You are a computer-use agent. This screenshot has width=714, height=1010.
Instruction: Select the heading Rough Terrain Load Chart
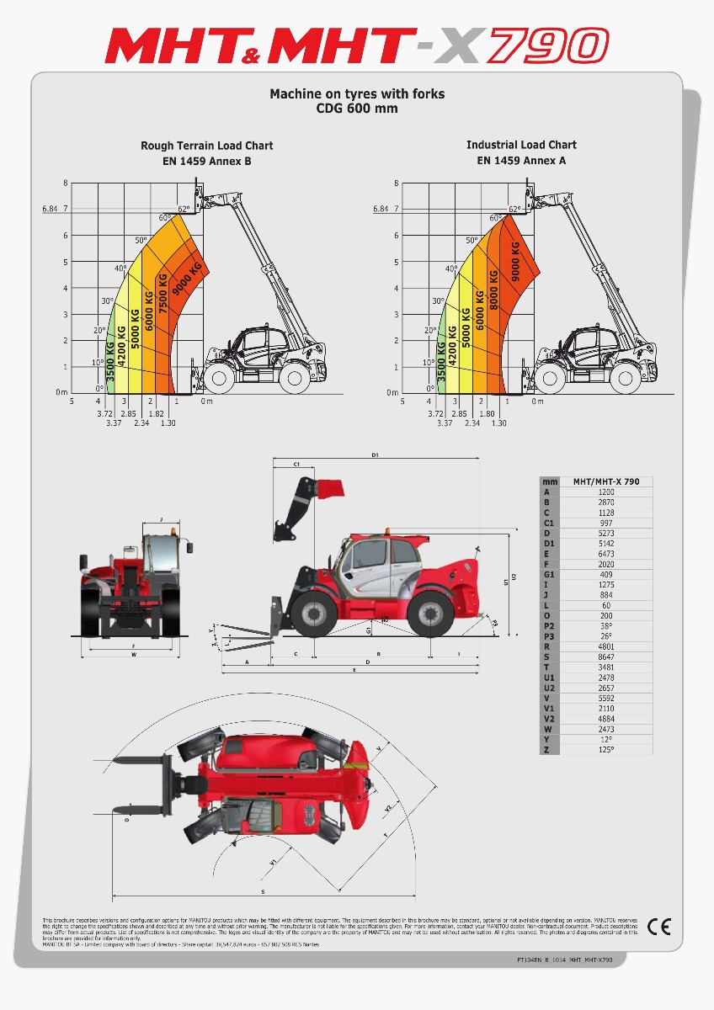[x=206, y=146]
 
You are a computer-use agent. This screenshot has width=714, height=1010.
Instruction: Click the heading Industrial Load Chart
[x=521, y=145]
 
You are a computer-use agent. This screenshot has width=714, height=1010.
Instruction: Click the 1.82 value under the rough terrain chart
[x=156, y=413]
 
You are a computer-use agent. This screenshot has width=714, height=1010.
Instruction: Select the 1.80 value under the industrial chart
[x=486, y=413]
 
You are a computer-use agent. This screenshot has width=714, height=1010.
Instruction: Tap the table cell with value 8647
[x=605, y=656]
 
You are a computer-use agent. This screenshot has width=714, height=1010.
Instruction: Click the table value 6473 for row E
[x=605, y=554]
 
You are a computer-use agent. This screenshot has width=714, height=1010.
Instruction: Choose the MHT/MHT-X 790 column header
[x=605, y=481]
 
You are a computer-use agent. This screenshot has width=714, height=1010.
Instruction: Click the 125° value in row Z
[x=605, y=749]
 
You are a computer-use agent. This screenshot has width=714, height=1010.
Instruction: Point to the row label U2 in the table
[x=548, y=688]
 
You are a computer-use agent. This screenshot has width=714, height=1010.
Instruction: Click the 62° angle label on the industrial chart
[x=514, y=209]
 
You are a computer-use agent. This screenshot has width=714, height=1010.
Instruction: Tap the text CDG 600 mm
[x=357, y=109]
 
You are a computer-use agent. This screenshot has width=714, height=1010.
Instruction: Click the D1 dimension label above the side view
[x=375, y=455]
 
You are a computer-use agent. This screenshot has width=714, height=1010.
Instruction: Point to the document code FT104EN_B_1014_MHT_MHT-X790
[x=564, y=959]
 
